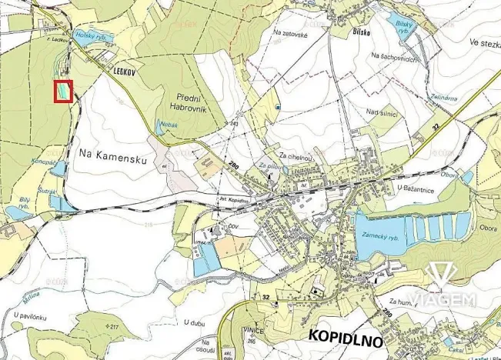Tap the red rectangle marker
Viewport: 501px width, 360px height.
click(64, 91)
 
